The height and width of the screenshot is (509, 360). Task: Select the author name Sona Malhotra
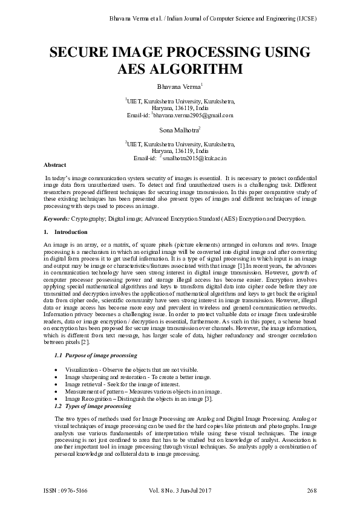[x=178, y=130]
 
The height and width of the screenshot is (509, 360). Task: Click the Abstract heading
[x=55, y=164]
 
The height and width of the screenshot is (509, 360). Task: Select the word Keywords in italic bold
[x=56, y=218]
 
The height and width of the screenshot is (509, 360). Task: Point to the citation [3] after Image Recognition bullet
[x=208, y=399]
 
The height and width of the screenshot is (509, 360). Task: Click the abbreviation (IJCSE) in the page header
[x=306, y=18]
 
